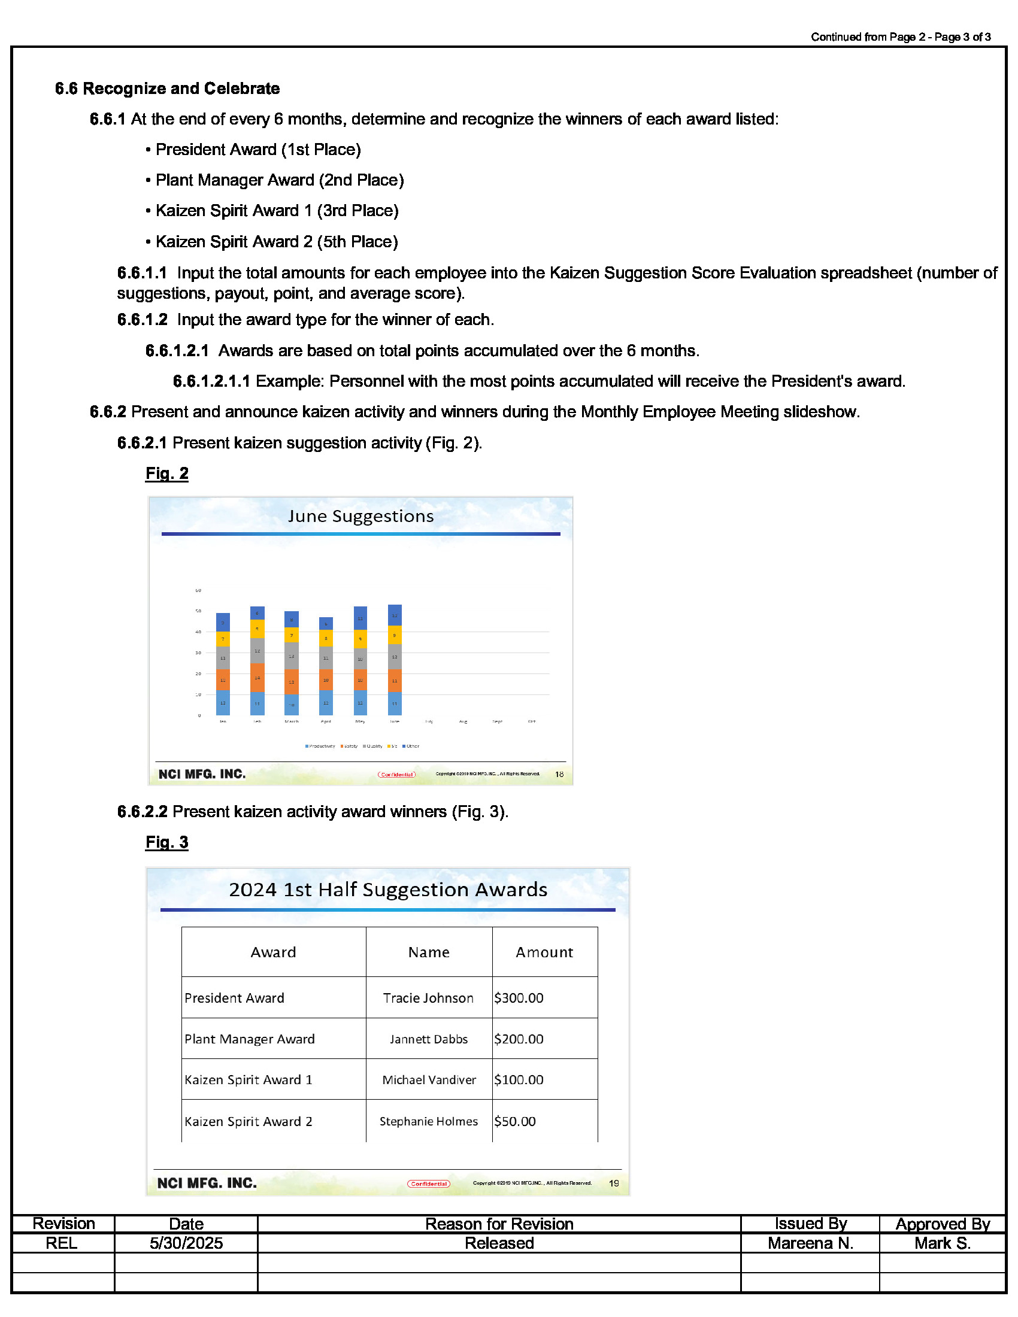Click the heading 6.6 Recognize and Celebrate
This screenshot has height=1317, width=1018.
(x=167, y=89)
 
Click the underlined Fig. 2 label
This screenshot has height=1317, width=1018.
(x=166, y=474)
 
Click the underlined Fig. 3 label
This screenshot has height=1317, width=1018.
(x=166, y=842)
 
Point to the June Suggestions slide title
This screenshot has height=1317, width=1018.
(x=360, y=516)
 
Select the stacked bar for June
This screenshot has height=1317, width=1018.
(x=395, y=660)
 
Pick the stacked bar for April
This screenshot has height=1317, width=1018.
(x=326, y=666)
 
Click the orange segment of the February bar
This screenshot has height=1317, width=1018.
(x=257, y=678)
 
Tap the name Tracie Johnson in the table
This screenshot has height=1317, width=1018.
(x=428, y=998)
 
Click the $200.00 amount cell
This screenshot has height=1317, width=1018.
(x=519, y=1039)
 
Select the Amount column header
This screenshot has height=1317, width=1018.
(x=544, y=952)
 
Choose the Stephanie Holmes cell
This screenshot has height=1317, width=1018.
(x=428, y=1121)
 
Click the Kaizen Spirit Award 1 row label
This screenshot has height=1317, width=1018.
(x=249, y=1080)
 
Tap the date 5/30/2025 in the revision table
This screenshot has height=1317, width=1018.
(x=186, y=1243)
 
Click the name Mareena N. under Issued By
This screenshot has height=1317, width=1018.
(x=810, y=1243)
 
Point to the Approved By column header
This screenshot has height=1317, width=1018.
(x=942, y=1224)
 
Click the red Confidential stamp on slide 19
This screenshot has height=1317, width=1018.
(x=429, y=1184)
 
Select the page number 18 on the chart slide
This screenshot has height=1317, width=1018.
(x=559, y=774)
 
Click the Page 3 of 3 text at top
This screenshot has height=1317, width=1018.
(x=962, y=37)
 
